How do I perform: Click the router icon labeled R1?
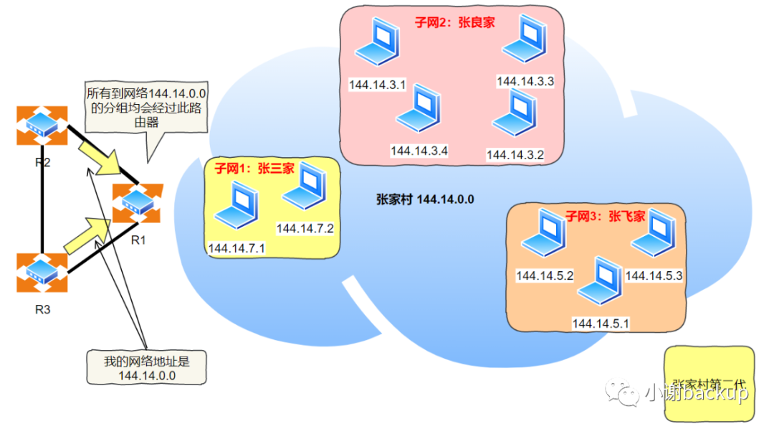[138, 204]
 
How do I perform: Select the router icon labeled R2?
[42, 126]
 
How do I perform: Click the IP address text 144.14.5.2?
[545, 275]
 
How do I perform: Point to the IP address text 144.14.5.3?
[654, 275]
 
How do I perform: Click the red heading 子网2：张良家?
[454, 22]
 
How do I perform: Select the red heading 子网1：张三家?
[254, 169]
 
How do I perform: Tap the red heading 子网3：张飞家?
[606, 215]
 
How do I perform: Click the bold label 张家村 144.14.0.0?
[425, 199]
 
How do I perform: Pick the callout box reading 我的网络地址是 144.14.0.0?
[147, 367]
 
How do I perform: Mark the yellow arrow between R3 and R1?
[86, 235]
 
